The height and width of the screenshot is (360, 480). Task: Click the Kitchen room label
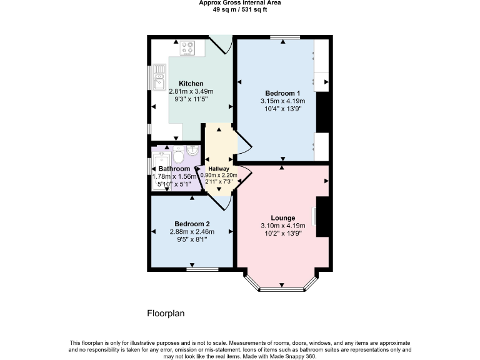coord(191,84)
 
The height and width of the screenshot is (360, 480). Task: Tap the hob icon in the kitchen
coord(188,47)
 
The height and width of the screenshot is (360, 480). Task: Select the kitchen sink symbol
coord(159,79)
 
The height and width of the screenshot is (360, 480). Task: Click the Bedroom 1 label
coord(282,94)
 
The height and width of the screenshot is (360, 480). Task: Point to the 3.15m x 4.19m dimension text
coord(282,101)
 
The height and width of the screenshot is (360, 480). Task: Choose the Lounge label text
coord(282,218)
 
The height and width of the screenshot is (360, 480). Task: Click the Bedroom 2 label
coord(192,224)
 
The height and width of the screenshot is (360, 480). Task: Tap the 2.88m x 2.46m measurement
coord(192,231)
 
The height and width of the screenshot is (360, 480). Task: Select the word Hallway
coord(219,169)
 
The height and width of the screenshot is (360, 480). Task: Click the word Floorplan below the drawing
coord(166,313)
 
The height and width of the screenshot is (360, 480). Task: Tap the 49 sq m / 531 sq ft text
coord(240,10)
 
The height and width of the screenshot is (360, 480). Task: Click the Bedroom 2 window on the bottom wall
coord(202,269)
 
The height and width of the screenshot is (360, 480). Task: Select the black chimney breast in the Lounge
coord(323,216)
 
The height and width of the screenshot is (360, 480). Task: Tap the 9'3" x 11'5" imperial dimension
coord(191,99)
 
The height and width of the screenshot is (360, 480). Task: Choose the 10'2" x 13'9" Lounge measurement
coord(282,233)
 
